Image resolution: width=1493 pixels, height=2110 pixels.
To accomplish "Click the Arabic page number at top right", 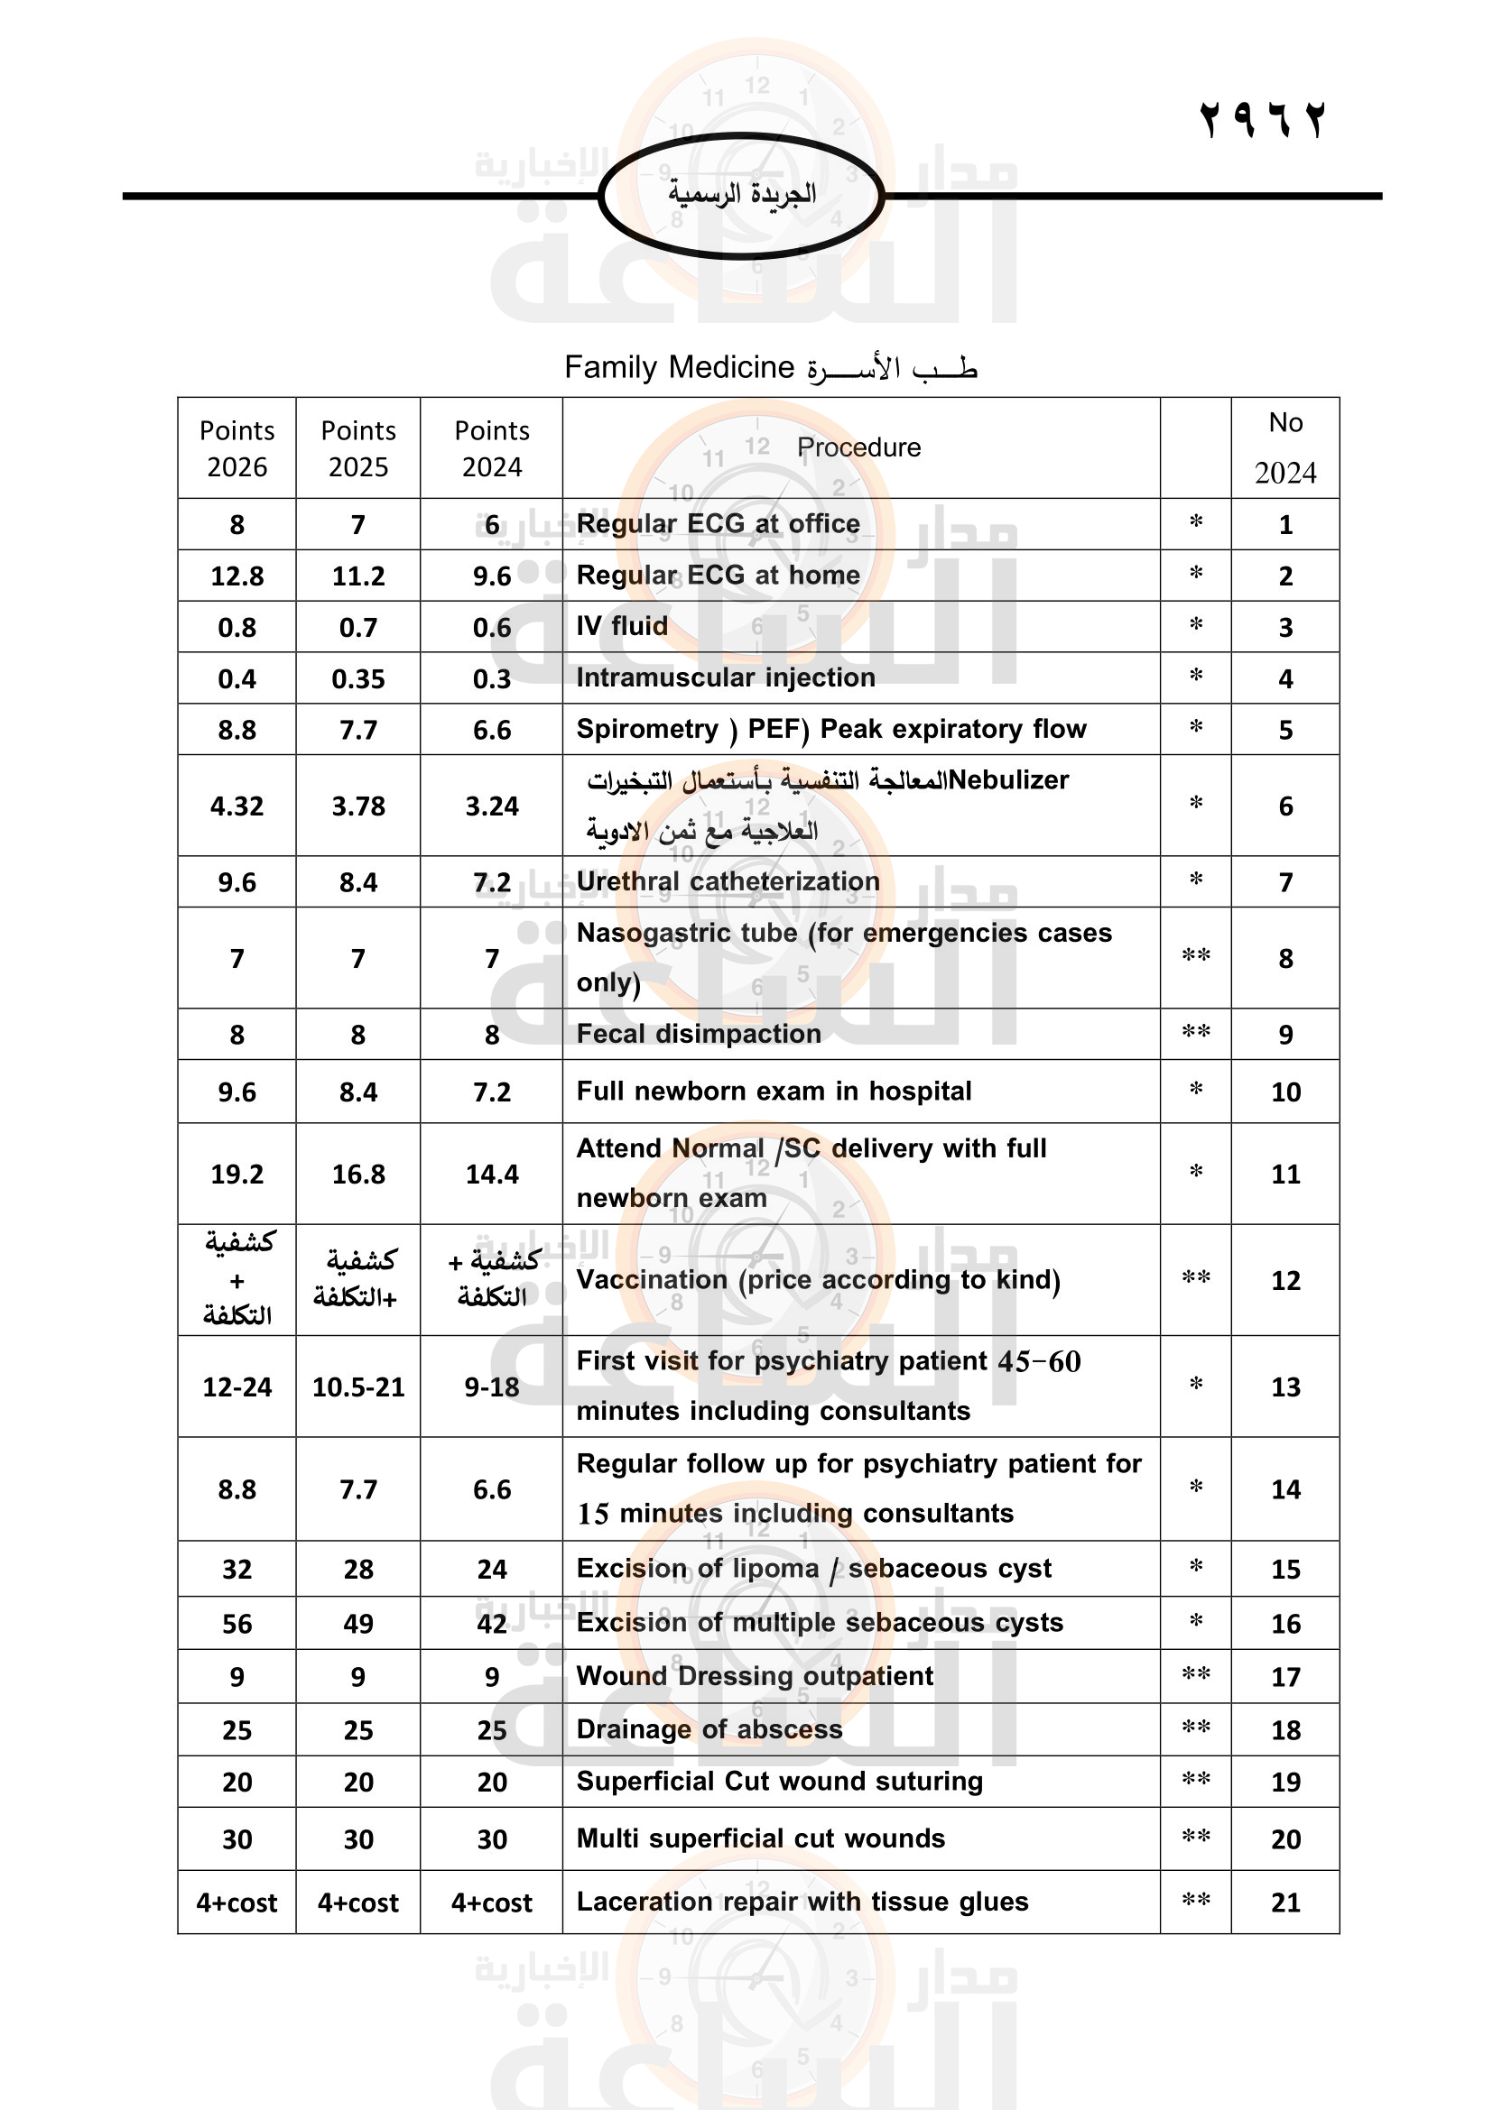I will (x=1262, y=120).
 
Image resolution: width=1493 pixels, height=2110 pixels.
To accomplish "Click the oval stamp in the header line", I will (x=741, y=195).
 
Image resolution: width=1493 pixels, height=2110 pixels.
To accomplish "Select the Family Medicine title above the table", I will (x=770, y=367).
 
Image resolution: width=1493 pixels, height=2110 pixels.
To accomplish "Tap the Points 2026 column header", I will (x=237, y=448).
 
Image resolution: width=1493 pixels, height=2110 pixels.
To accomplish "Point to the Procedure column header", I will (x=858, y=447).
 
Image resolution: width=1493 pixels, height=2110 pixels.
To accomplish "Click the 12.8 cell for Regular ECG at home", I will (x=237, y=576).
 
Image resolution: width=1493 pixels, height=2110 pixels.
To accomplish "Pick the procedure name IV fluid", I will (x=623, y=627).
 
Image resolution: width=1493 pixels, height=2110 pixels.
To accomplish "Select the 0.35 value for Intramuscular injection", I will (x=357, y=679).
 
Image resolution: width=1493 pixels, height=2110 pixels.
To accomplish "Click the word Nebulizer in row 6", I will (x=1008, y=780).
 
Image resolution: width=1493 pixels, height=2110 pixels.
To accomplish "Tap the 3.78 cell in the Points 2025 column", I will (x=357, y=806).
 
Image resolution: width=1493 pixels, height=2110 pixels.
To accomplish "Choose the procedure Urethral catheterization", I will (x=728, y=881).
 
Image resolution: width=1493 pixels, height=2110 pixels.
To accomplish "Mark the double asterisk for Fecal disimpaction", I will (x=1195, y=1033).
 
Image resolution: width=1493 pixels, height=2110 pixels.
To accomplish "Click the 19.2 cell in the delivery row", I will (x=237, y=1174).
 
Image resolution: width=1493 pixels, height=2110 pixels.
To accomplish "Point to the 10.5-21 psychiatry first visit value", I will (x=357, y=1387).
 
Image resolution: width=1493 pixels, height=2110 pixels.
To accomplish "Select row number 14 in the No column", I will (x=1285, y=1488).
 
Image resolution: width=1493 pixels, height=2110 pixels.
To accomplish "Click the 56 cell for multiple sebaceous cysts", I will (x=237, y=1624).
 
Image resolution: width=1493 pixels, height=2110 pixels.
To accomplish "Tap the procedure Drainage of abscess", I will (x=709, y=1729).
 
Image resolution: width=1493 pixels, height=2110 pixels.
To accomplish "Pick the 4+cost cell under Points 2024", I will (x=492, y=1903).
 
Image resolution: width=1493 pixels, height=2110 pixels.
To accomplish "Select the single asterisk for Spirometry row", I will (x=1196, y=729).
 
